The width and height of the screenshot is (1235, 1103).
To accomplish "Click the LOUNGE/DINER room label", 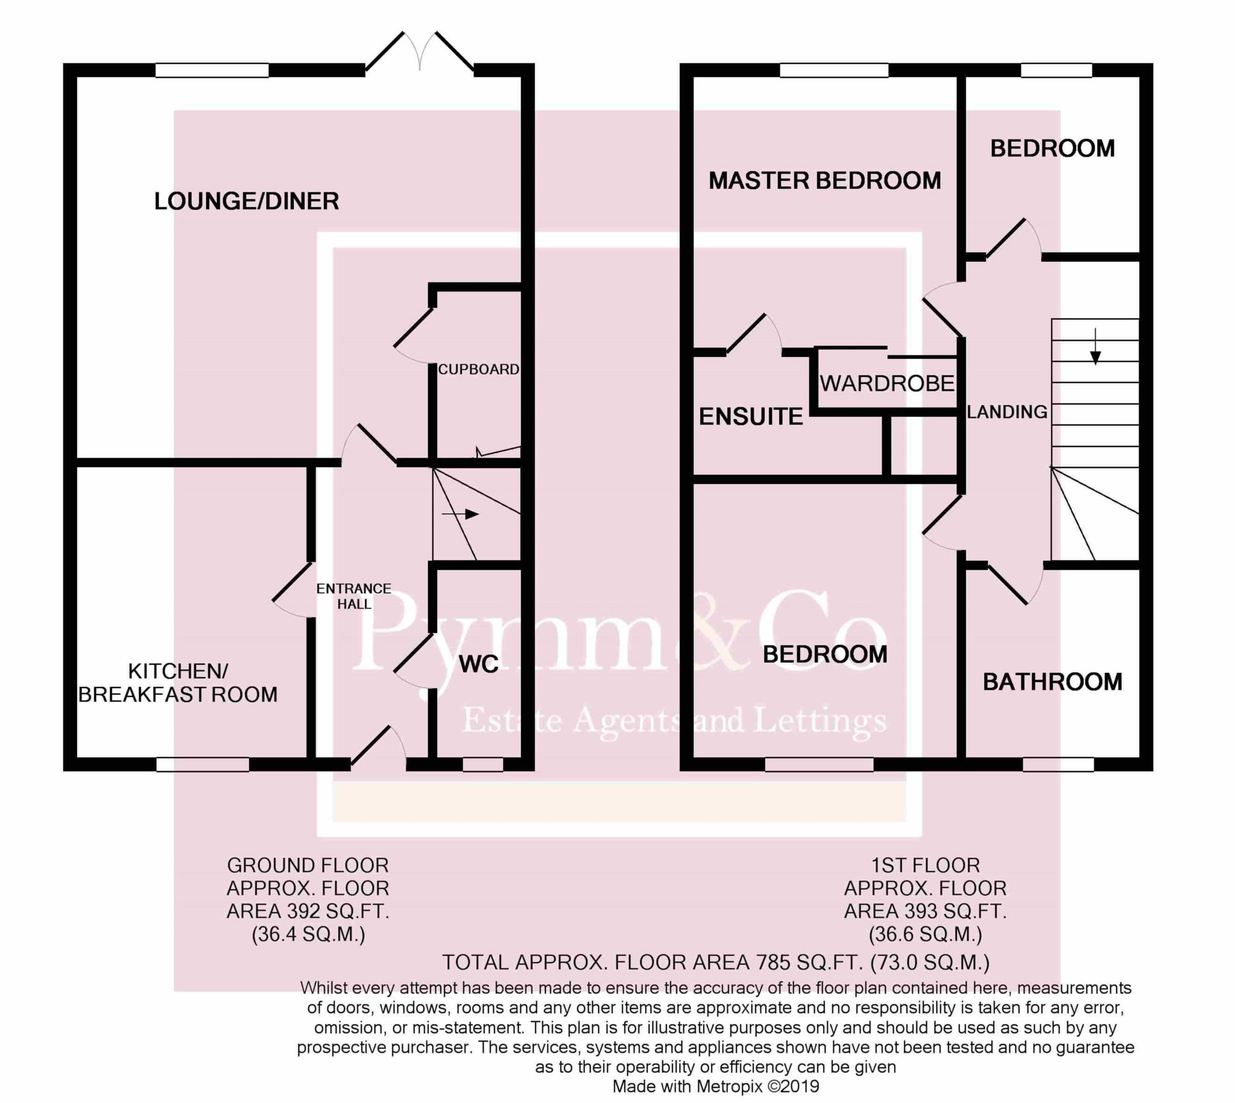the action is pos(247,201).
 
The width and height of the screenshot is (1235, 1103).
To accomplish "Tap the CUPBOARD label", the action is pos(479,369).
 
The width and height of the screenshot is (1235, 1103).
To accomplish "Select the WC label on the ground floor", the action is pos(479,664).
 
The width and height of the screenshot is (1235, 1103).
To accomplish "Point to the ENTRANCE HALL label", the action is pos(354,596).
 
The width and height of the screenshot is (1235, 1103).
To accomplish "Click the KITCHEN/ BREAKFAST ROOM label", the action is pos(178,683).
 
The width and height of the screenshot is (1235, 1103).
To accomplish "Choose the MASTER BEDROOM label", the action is pos(825,180).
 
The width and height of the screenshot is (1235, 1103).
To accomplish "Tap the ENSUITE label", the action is pos(751,416).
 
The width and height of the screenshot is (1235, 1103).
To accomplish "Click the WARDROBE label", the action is pos(887,383).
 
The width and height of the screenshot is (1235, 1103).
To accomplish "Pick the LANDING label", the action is pos(1007,412).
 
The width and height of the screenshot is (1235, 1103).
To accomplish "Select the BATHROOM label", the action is pos(1053,682).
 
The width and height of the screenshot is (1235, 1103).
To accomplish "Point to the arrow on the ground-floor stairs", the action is pos(461,514).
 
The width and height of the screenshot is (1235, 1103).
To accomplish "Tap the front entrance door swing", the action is pos(379,745).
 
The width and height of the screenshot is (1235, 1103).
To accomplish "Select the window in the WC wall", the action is pos(483,765).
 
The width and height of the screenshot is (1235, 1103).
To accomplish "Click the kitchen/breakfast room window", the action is pos(203,765).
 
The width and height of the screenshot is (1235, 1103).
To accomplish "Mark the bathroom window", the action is pos(1058,765).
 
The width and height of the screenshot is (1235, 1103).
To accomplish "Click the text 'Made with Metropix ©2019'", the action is pos(716,1087).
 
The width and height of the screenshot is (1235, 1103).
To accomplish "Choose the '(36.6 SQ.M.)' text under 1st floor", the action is pos(925,934).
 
